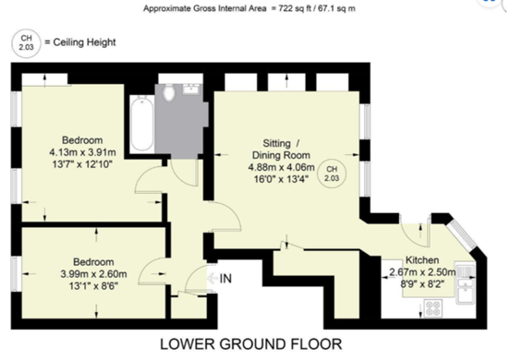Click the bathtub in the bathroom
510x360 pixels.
click(141, 125)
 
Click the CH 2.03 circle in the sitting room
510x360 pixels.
click(331, 174)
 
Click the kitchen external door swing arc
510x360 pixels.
click(410, 231)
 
